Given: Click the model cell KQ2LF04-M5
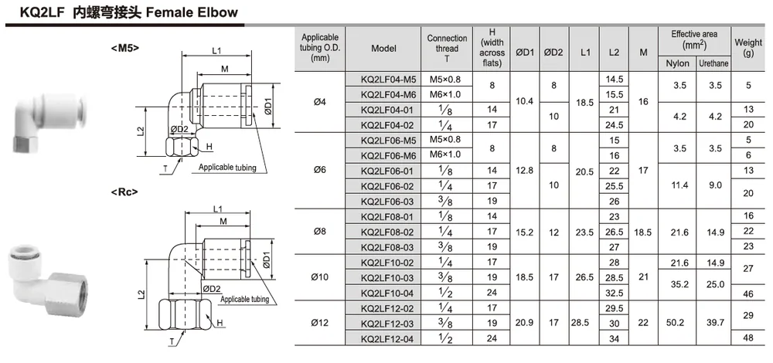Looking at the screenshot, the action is [x=388, y=80].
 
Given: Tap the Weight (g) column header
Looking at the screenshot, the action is [x=747, y=48].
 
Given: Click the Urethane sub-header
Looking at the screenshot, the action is [x=713, y=64].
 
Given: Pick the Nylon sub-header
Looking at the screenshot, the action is [x=678, y=64].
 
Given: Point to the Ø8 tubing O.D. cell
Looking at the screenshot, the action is [x=320, y=232].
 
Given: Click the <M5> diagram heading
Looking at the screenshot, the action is [x=125, y=48].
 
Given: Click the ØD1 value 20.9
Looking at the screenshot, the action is [x=525, y=323].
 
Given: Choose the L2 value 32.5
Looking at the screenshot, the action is [x=615, y=293].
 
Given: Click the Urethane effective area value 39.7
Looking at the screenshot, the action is [x=713, y=323].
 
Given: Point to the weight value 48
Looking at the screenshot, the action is [x=748, y=338].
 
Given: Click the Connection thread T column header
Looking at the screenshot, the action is [x=447, y=48].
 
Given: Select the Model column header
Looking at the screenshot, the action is [x=383, y=48].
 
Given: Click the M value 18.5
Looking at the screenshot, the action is [x=643, y=232].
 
